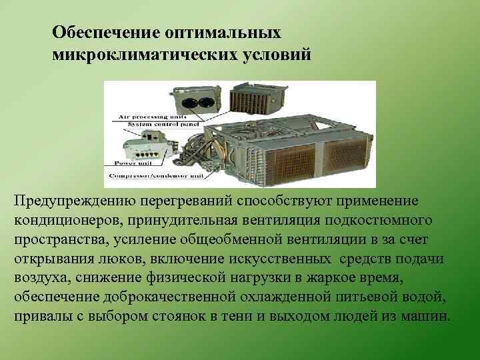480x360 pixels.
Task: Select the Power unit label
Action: coord(131,162)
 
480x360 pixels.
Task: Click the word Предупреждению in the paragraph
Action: coord(63,201)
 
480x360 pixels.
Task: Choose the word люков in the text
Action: coord(113,258)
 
